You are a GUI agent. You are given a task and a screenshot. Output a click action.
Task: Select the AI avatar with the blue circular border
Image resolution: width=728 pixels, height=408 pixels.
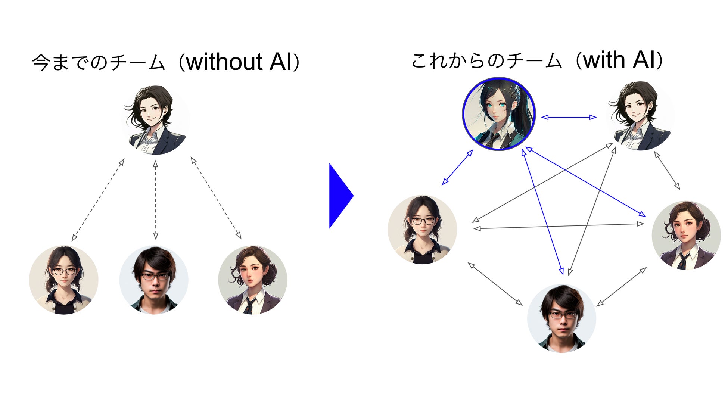click(x=499, y=114)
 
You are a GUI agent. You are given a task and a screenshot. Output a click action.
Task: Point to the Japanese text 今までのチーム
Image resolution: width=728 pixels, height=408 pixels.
click(x=99, y=62)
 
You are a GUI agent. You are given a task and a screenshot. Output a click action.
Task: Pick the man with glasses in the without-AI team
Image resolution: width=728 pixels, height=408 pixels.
click(x=154, y=280)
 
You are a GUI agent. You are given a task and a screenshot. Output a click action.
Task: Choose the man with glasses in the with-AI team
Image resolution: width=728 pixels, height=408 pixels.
click(x=561, y=318)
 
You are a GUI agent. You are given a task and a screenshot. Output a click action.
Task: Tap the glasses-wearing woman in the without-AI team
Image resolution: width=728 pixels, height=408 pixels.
click(x=64, y=280)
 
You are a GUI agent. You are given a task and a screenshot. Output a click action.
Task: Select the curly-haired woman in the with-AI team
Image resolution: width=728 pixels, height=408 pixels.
click(x=686, y=235)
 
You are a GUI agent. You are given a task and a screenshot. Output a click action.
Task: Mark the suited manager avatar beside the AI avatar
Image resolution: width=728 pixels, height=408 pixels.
click(x=640, y=116)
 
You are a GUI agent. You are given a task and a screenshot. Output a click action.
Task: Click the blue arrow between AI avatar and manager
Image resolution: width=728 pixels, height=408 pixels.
click(x=569, y=117)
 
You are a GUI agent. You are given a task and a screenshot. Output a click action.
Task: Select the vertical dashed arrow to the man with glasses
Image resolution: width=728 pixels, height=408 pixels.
click(x=156, y=200)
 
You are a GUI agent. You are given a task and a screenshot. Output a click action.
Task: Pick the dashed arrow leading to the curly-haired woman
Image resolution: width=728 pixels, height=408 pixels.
click(x=216, y=198)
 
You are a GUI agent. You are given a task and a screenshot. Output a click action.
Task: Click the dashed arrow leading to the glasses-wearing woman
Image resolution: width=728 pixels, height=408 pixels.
click(x=98, y=200)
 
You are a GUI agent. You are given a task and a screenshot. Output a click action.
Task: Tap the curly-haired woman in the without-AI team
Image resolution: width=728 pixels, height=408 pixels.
click(x=253, y=280)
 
